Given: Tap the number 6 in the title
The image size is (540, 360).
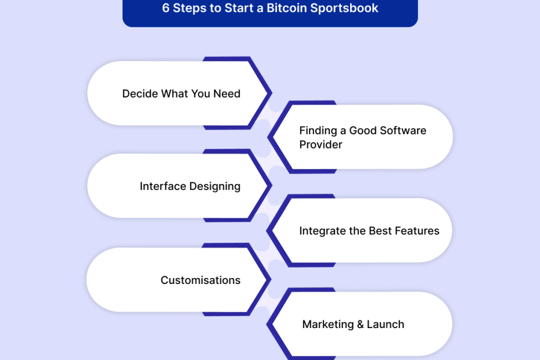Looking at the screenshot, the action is [165, 8].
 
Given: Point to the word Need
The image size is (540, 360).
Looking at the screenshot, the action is [226, 93].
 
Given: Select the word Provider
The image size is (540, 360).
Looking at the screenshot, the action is [321, 145].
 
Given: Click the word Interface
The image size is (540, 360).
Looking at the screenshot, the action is [163, 186].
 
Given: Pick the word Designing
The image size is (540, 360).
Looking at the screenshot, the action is [215, 187].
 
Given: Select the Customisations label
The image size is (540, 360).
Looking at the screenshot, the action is [200, 280].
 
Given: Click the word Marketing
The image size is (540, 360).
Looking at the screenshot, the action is [328, 325].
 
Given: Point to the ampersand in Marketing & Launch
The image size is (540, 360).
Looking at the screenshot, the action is [360, 325].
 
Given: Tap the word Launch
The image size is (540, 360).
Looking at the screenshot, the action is [386, 325].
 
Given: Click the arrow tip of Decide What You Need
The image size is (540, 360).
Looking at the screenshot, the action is [272, 93].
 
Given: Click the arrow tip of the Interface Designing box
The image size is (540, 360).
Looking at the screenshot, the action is [272, 185].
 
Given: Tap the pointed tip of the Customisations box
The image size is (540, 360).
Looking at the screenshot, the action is [271, 279].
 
